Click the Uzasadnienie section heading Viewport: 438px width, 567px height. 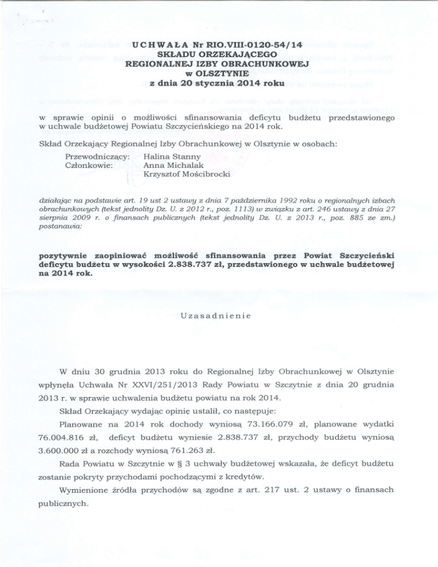point(218,316)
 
